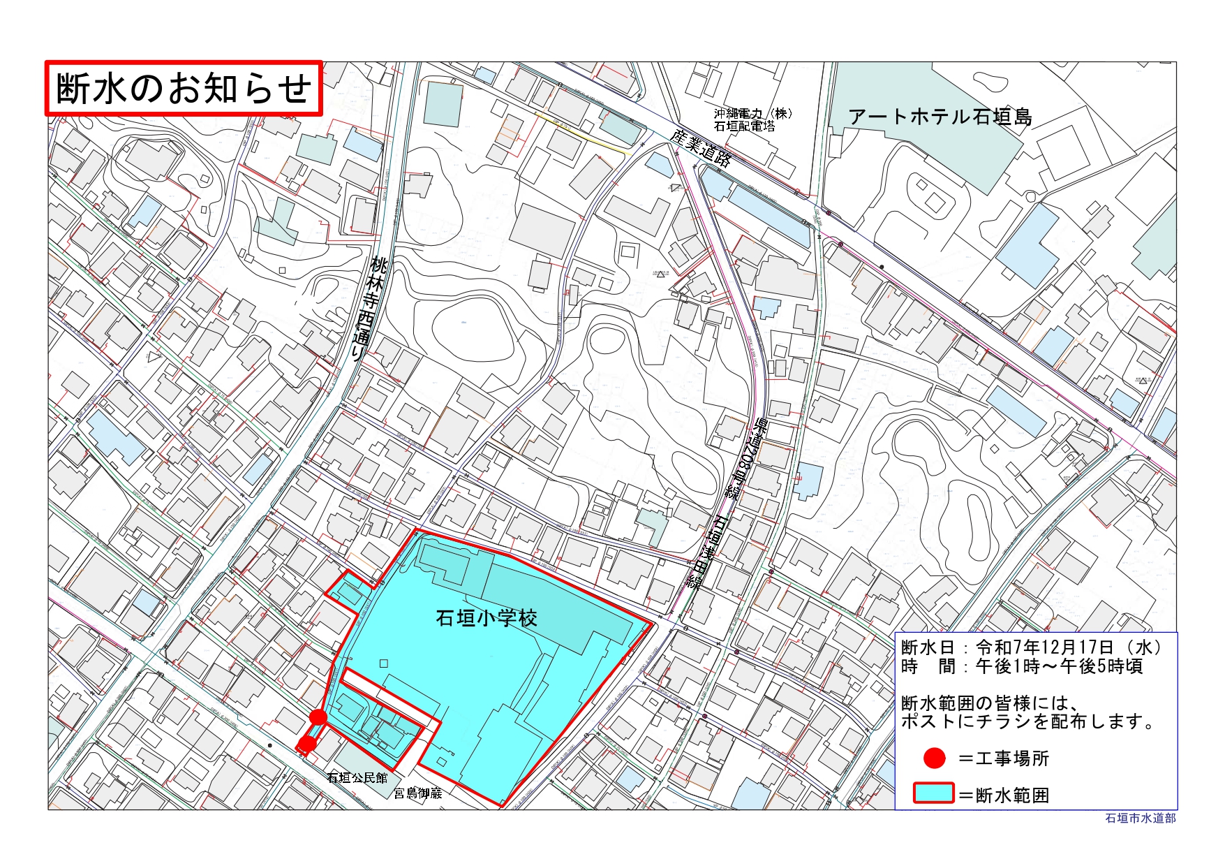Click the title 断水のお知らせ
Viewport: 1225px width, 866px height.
183,89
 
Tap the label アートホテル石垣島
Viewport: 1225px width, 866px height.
940,117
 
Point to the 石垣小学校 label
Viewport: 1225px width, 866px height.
486,618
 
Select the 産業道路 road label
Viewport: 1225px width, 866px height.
701,147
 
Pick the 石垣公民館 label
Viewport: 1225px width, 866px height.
357,777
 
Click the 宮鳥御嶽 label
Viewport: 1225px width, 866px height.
418,793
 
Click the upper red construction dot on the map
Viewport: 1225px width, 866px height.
318,717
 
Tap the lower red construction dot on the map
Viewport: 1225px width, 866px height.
306,744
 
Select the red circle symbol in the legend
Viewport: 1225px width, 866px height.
934,758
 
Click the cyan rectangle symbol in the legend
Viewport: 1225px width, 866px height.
933,793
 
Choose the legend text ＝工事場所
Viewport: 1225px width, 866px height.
1004,758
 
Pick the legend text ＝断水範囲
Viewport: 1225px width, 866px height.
1004,795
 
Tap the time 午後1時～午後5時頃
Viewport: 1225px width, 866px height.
1058,666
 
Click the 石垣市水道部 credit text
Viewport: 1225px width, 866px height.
1140,818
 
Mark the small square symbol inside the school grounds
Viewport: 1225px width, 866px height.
383,663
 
